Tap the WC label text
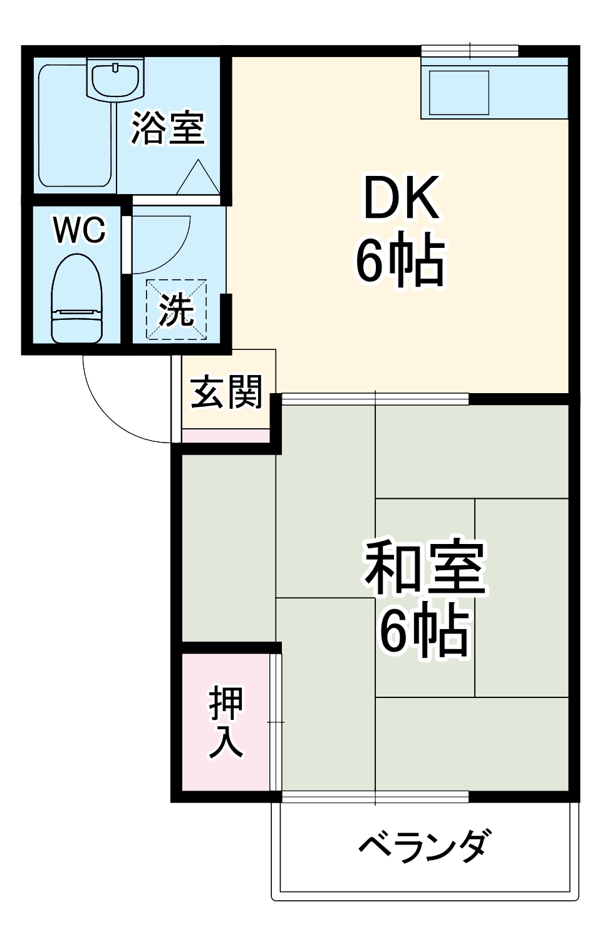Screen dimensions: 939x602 (80, 230)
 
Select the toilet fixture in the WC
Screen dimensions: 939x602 (76, 299)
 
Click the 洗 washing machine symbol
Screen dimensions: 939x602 (176, 310)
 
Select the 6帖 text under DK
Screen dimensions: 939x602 (401, 261)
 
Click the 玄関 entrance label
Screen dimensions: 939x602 (226, 393)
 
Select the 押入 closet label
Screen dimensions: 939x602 (226, 722)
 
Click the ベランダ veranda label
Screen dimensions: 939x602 (424, 846)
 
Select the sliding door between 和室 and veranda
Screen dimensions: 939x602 (375, 796)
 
